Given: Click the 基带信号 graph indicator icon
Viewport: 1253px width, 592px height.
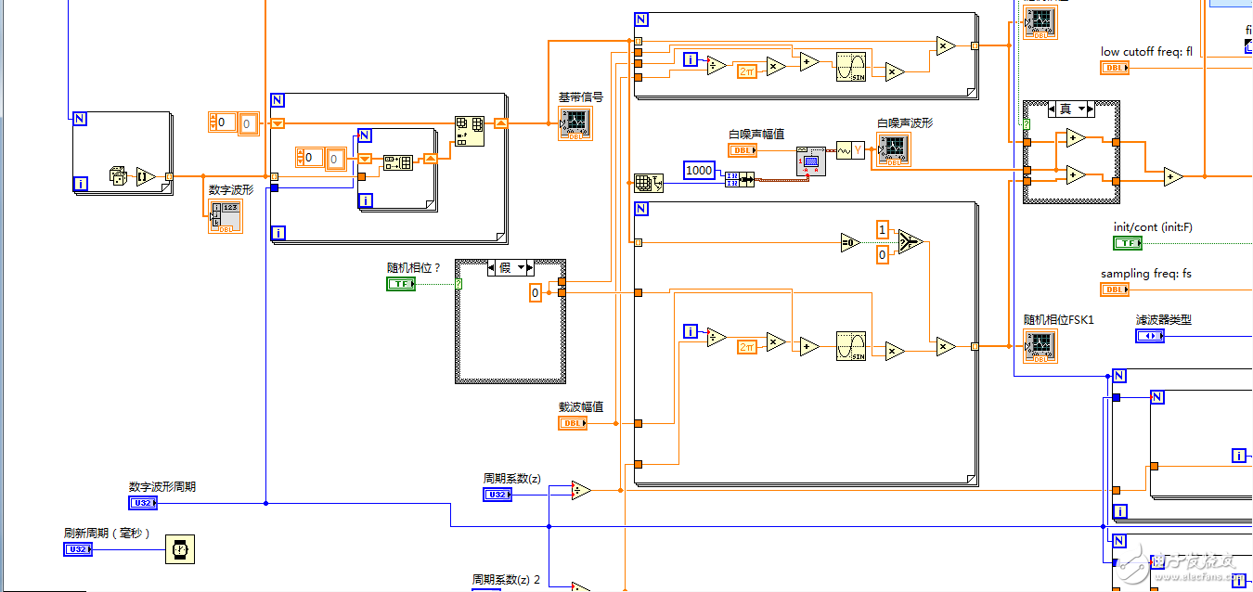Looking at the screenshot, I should (x=575, y=123).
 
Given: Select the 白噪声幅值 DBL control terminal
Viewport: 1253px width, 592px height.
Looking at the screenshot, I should (x=743, y=149).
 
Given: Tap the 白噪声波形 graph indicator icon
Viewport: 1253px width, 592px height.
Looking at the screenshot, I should (x=894, y=149).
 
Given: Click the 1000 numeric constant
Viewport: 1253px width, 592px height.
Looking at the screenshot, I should (x=699, y=170).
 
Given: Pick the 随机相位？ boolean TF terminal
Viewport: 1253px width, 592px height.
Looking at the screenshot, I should (x=401, y=283).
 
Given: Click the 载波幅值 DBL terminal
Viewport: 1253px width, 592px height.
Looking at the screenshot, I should (x=573, y=423).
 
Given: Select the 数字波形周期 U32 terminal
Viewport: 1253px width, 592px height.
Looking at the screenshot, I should (x=143, y=503).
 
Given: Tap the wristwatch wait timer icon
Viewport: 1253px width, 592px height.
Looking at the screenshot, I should (x=180, y=549).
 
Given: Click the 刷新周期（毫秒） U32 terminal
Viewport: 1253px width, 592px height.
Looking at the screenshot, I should (x=78, y=549).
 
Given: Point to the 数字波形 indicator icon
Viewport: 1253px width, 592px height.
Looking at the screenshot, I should (x=226, y=216).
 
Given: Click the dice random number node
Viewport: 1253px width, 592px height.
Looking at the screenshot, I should (x=118, y=174).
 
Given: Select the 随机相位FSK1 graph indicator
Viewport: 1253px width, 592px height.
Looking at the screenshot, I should (x=1040, y=345).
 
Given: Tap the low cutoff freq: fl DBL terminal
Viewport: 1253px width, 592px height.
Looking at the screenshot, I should (x=1115, y=68).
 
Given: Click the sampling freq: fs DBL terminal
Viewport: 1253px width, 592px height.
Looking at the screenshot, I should (x=1115, y=290).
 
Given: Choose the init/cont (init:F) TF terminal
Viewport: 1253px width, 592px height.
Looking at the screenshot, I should (x=1128, y=243).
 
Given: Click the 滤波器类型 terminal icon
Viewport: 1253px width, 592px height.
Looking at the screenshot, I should (x=1150, y=335).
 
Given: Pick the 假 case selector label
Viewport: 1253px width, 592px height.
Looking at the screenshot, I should (x=510, y=267).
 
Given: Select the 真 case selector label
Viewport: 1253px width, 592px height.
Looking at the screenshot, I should (x=1069, y=109).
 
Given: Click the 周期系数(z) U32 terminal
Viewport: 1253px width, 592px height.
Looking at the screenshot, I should (x=497, y=495).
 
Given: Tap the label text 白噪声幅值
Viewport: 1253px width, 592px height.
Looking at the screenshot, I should (x=756, y=134).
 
